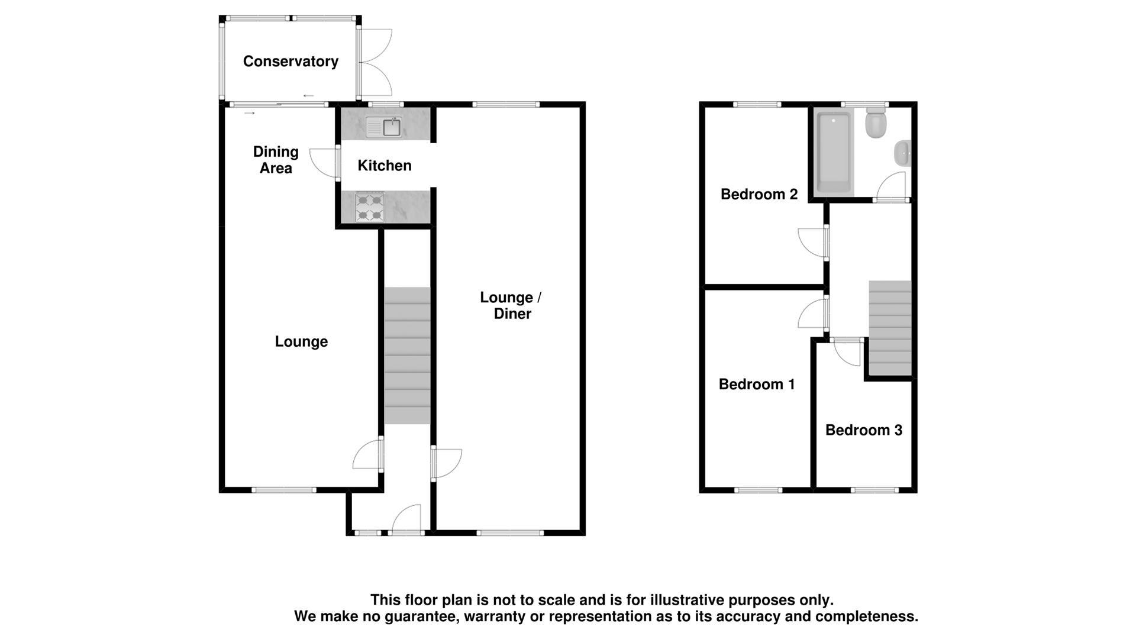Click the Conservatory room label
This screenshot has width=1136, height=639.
pyautogui.click(x=291, y=62)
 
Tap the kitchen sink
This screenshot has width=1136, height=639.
pyautogui.click(x=384, y=127)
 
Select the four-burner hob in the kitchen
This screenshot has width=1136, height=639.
pyautogui.click(x=370, y=208)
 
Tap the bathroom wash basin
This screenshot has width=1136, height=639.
pyautogui.click(x=902, y=154)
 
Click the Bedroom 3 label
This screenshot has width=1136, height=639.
pyautogui.click(x=863, y=430)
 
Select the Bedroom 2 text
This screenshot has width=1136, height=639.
pyautogui.click(x=759, y=194)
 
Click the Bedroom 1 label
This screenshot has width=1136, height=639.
pyautogui.click(x=756, y=385)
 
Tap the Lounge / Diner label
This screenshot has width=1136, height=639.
pyautogui.click(x=511, y=305)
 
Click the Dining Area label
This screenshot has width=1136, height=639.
pyautogui.click(x=276, y=160)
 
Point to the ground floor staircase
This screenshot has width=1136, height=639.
pyautogui.click(x=407, y=355)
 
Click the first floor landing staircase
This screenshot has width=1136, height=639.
pyautogui.click(x=889, y=328)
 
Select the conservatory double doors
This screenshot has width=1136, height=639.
pyautogui.click(x=376, y=62)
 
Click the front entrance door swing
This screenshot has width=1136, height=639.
pyautogui.click(x=407, y=520)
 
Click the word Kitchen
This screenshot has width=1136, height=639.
pyautogui.click(x=384, y=166)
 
